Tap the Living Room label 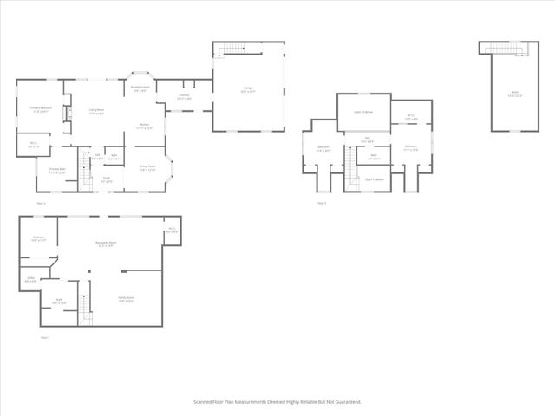(x=96, y=109)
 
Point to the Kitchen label (x=145, y=126)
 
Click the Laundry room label (x=184, y=96)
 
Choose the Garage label (x=248, y=88)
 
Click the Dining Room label (x=147, y=167)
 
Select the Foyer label (x=106, y=179)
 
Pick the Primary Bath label (x=57, y=170)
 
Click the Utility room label (x=30, y=279)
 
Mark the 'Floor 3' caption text (x=321, y=203)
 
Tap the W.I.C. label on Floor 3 (x=402, y=118)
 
